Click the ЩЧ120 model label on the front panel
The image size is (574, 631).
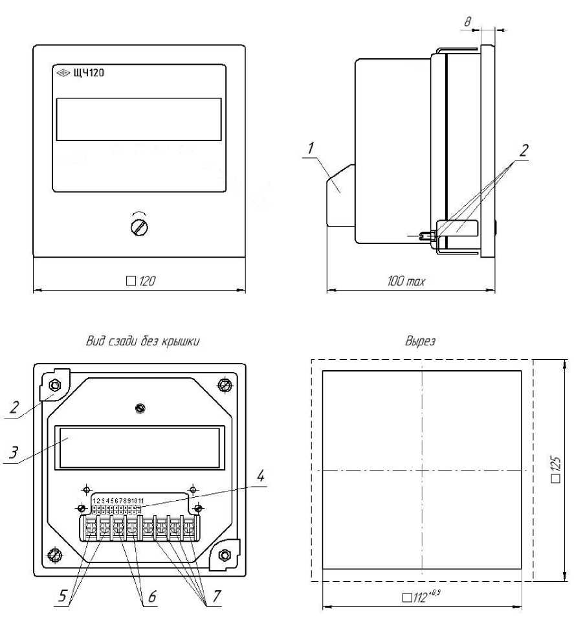tap(89, 73)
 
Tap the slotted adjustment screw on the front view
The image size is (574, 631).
tap(139, 227)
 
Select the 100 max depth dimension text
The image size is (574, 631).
tap(406, 281)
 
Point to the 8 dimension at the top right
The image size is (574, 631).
tap(467, 21)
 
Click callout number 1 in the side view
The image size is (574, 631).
tap(311, 148)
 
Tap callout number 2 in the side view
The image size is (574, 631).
tap(524, 151)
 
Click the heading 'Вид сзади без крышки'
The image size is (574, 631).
tap(143, 341)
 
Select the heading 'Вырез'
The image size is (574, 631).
tap(420, 341)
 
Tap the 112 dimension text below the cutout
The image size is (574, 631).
tap(421, 597)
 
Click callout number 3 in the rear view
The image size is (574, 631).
tap(14, 453)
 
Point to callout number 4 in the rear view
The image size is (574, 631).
tap(260, 476)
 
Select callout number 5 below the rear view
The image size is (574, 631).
tap(62, 596)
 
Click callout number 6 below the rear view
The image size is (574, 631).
tap(152, 597)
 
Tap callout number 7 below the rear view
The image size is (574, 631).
tap(216, 595)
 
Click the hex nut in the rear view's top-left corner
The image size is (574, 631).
tap(54, 385)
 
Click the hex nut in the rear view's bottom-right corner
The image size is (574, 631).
tap(224, 556)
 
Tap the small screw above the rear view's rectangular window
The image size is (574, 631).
tap(140, 408)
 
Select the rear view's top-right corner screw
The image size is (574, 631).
tap(225, 385)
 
